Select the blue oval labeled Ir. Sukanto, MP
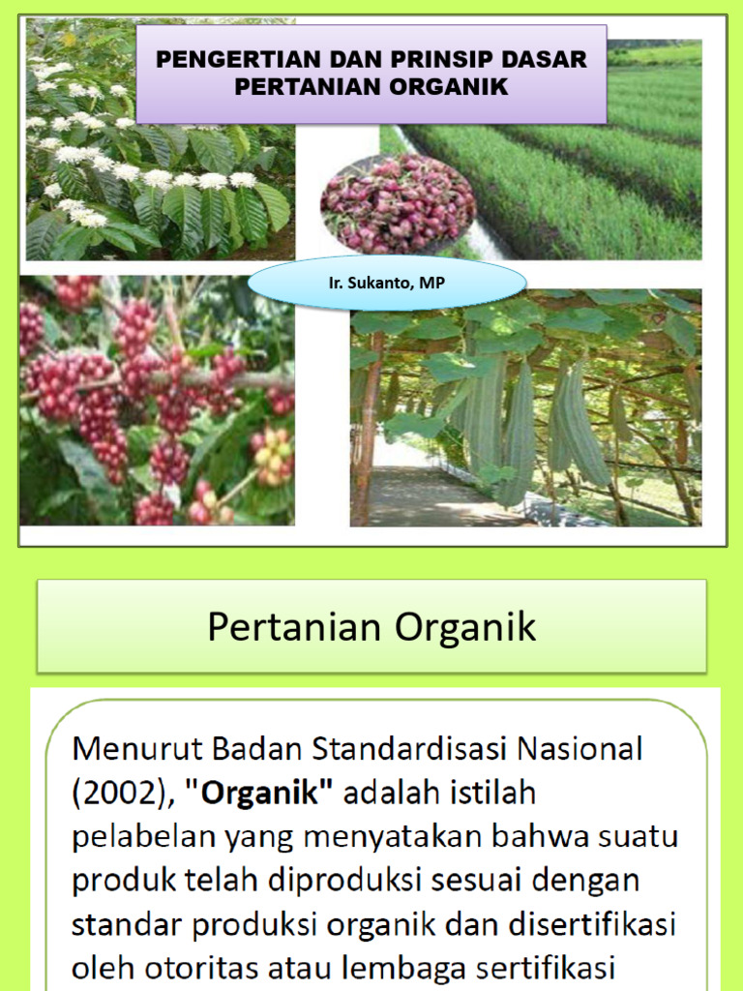click(387, 284)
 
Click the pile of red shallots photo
click(398, 203)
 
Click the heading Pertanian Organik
click(371, 627)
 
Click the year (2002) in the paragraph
click(122, 793)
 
